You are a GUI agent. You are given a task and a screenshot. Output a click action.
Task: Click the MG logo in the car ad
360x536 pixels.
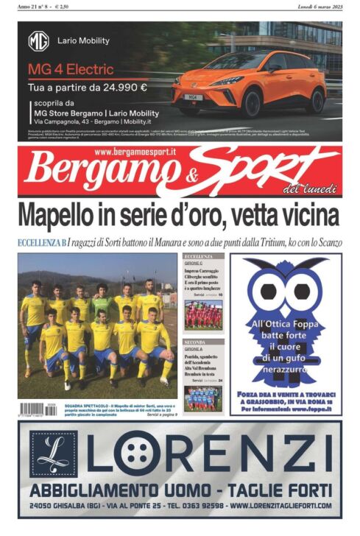(x=38, y=40)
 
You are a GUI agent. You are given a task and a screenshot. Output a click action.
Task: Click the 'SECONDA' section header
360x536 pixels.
(x=195, y=342)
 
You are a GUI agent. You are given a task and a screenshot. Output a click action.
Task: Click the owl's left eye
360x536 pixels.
(x=268, y=291)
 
